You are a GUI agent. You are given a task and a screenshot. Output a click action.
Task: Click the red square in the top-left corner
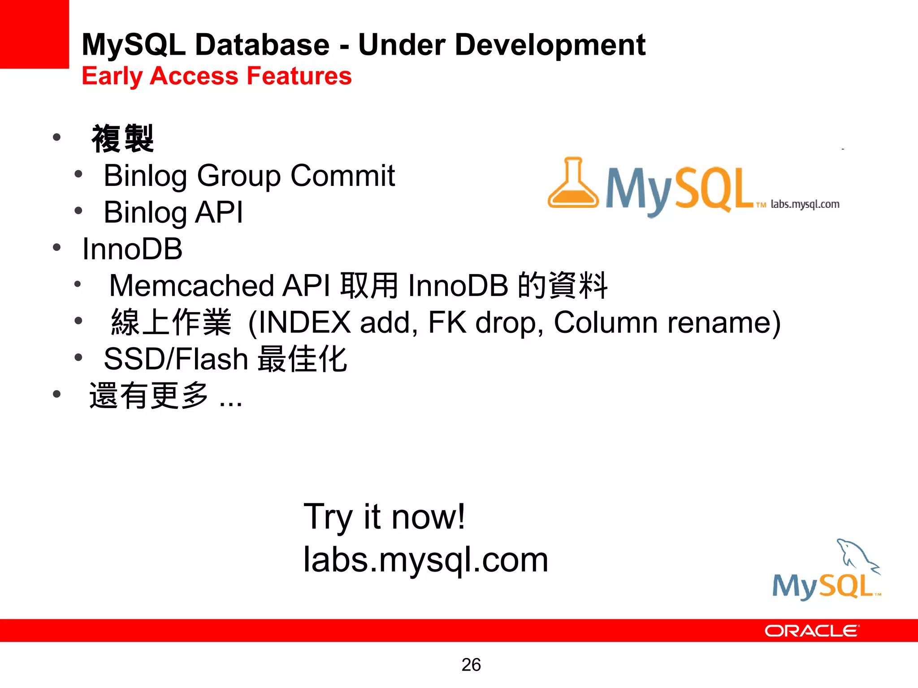click(34, 34)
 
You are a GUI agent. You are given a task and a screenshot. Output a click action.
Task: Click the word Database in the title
click(262, 45)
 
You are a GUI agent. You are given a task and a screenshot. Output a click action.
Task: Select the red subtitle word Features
click(299, 76)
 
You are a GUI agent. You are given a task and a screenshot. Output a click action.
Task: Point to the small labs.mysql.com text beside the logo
click(805, 204)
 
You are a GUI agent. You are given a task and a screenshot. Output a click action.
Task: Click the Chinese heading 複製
click(122, 139)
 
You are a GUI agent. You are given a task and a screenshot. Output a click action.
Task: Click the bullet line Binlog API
click(173, 212)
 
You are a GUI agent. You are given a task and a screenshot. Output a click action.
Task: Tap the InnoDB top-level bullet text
click(132, 249)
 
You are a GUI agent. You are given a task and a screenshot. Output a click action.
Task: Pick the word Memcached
click(191, 285)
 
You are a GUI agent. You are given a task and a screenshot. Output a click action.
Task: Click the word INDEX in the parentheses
click(304, 322)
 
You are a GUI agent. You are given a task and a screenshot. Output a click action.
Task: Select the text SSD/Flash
click(176, 359)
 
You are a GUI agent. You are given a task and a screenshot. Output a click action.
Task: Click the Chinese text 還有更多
click(149, 396)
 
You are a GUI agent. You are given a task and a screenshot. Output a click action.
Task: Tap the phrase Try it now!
click(384, 516)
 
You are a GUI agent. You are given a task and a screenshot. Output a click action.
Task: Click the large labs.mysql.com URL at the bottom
click(426, 559)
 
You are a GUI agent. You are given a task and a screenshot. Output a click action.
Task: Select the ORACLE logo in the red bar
click(811, 631)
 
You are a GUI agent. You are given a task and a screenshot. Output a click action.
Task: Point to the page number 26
click(471, 665)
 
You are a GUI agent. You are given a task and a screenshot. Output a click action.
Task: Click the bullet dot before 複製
click(56, 137)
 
